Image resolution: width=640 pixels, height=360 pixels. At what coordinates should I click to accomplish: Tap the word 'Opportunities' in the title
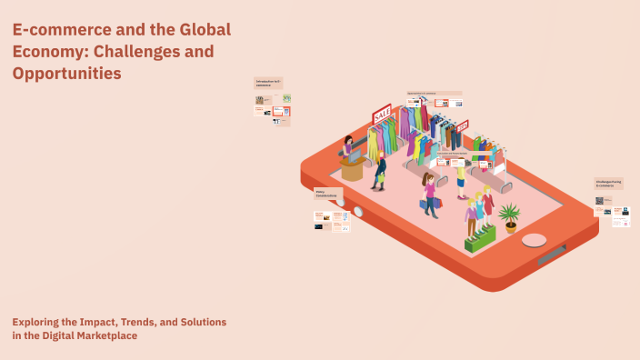(x=66, y=74)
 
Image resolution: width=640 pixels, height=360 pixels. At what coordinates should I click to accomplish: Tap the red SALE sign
(x=382, y=115)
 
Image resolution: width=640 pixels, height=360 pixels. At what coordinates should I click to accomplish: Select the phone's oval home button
(x=535, y=240)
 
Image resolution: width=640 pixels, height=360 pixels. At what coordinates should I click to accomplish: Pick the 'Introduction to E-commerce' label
(x=268, y=83)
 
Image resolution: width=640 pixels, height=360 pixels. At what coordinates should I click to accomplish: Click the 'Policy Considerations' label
(x=327, y=195)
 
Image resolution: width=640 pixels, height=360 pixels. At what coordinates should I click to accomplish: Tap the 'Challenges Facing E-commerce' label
(x=608, y=184)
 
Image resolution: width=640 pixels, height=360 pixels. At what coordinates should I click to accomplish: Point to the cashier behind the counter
(x=348, y=146)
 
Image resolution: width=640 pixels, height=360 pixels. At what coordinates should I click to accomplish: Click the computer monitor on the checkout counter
(x=355, y=157)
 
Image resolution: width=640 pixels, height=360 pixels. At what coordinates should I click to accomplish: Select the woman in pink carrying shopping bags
(x=429, y=193)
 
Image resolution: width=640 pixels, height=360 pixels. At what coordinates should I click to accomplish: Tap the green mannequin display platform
(x=480, y=238)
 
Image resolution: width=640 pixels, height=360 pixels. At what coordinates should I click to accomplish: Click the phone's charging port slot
(x=551, y=255)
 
